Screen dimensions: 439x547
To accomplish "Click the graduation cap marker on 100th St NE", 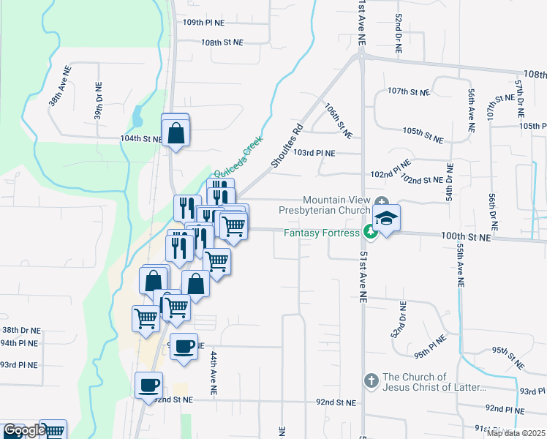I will coord(386,218).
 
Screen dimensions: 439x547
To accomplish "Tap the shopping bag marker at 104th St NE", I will coord(176,133).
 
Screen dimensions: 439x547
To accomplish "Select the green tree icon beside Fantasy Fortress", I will coord(371,232).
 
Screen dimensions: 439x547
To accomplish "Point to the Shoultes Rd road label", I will coord(287,149).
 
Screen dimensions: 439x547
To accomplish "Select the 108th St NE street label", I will coord(222,42).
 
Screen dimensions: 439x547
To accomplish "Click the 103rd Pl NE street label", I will coord(314,153).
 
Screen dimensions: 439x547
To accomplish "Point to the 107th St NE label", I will coord(407,91).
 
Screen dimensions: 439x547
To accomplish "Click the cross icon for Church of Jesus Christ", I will coord(371,380).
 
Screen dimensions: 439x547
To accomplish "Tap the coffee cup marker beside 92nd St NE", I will coord(149,385).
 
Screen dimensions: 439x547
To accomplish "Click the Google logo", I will coord(24,431).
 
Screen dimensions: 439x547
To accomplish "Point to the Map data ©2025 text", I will coord(516,433).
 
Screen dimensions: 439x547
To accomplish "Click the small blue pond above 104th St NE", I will coord(137,116).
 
